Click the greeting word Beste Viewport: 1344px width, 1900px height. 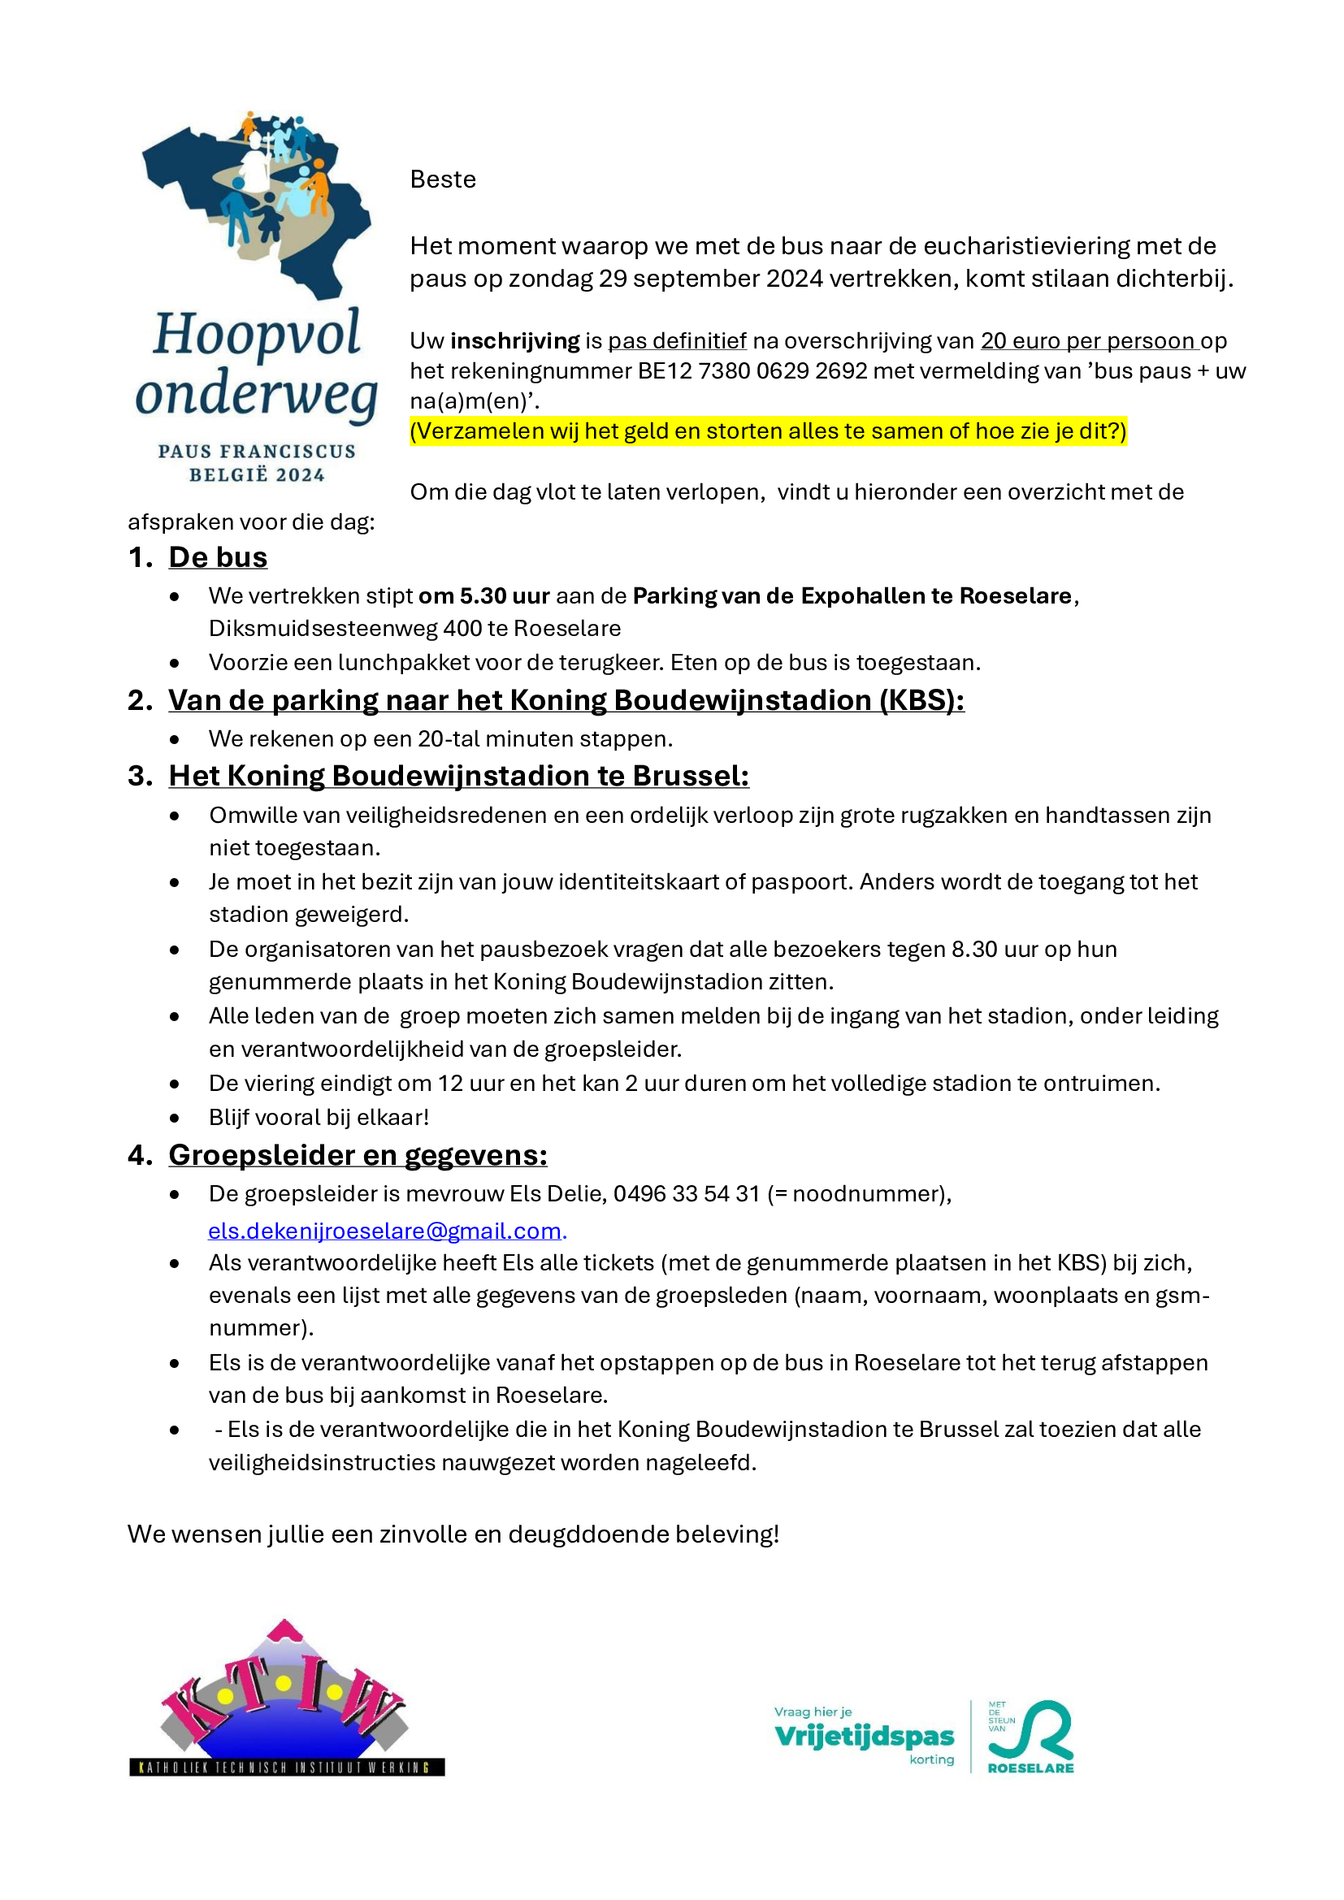443,180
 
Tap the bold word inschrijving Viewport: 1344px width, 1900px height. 514,341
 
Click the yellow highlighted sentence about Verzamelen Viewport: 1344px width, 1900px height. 768,431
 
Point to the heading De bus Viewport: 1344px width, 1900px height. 218,557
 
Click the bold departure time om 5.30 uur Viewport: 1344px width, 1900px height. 484,595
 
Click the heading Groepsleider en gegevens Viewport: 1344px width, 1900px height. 358,1155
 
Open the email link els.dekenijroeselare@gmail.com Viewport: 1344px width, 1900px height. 385,1231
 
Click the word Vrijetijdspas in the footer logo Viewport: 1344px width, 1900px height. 864,1736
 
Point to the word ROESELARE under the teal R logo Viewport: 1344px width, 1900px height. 1030,1768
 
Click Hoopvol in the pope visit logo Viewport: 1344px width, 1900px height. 257,335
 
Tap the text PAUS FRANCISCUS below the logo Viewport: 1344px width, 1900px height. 257,452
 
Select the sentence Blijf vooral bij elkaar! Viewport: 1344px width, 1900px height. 319,1117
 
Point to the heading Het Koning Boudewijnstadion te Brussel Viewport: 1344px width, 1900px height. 458,776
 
